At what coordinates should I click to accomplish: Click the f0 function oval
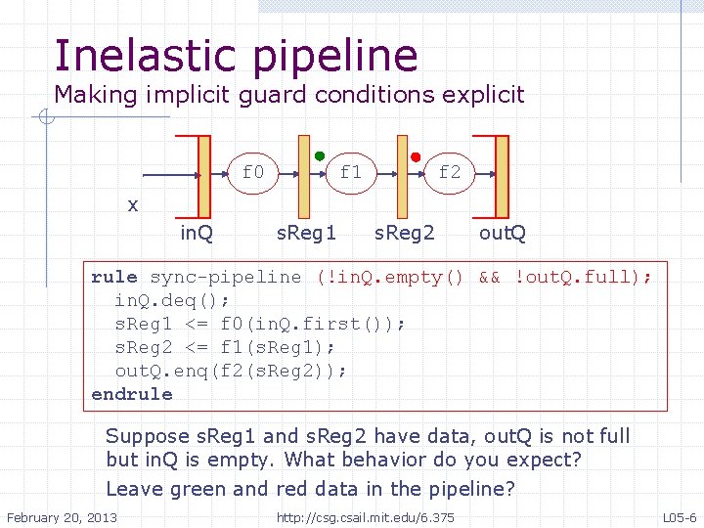coord(253,173)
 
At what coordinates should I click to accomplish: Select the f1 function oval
coord(351,173)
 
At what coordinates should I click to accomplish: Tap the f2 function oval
coord(449,173)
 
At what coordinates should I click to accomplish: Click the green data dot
coord(320,155)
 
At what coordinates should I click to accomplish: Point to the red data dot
coord(416,156)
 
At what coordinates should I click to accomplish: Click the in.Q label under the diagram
coord(198,233)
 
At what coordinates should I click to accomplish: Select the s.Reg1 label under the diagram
coord(306,233)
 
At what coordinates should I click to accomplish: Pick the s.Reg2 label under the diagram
coord(406,233)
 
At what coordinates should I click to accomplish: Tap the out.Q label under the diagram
coord(503,233)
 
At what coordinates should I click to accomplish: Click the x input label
coord(133,205)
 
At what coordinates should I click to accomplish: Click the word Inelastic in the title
coord(147,56)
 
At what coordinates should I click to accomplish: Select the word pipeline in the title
coord(335,58)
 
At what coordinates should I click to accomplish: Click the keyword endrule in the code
coord(131,394)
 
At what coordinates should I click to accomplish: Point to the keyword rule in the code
coord(114,277)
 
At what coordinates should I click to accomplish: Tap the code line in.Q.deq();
coord(167,300)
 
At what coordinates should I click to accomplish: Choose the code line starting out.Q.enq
coord(231,371)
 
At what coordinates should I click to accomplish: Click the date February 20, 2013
coord(62,517)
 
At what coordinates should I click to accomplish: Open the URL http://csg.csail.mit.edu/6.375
coord(366,517)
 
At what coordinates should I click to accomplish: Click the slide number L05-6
coord(680,517)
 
